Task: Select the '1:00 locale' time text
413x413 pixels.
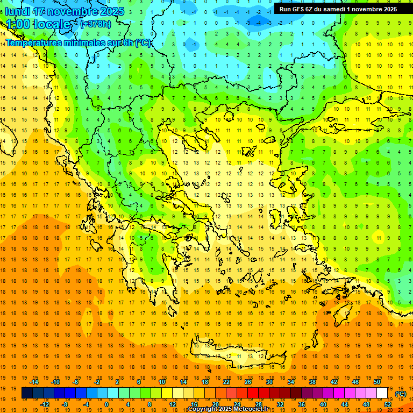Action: (x=38, y=24)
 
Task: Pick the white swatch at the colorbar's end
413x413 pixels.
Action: (x=382, y=393)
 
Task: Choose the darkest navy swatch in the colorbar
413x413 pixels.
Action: (x=27, y=393)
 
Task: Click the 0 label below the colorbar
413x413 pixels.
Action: (x=106, y=404)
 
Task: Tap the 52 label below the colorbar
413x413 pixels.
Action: (x=388, y=404)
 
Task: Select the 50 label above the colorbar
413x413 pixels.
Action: (x=377, y=382)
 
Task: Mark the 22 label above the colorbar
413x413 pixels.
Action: (x=226, y=382)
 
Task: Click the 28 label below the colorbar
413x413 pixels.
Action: (x=259, y=404)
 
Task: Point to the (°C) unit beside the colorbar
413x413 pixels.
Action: (x=401, y=394)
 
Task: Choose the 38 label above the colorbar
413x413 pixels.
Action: (x=312, y=382)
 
